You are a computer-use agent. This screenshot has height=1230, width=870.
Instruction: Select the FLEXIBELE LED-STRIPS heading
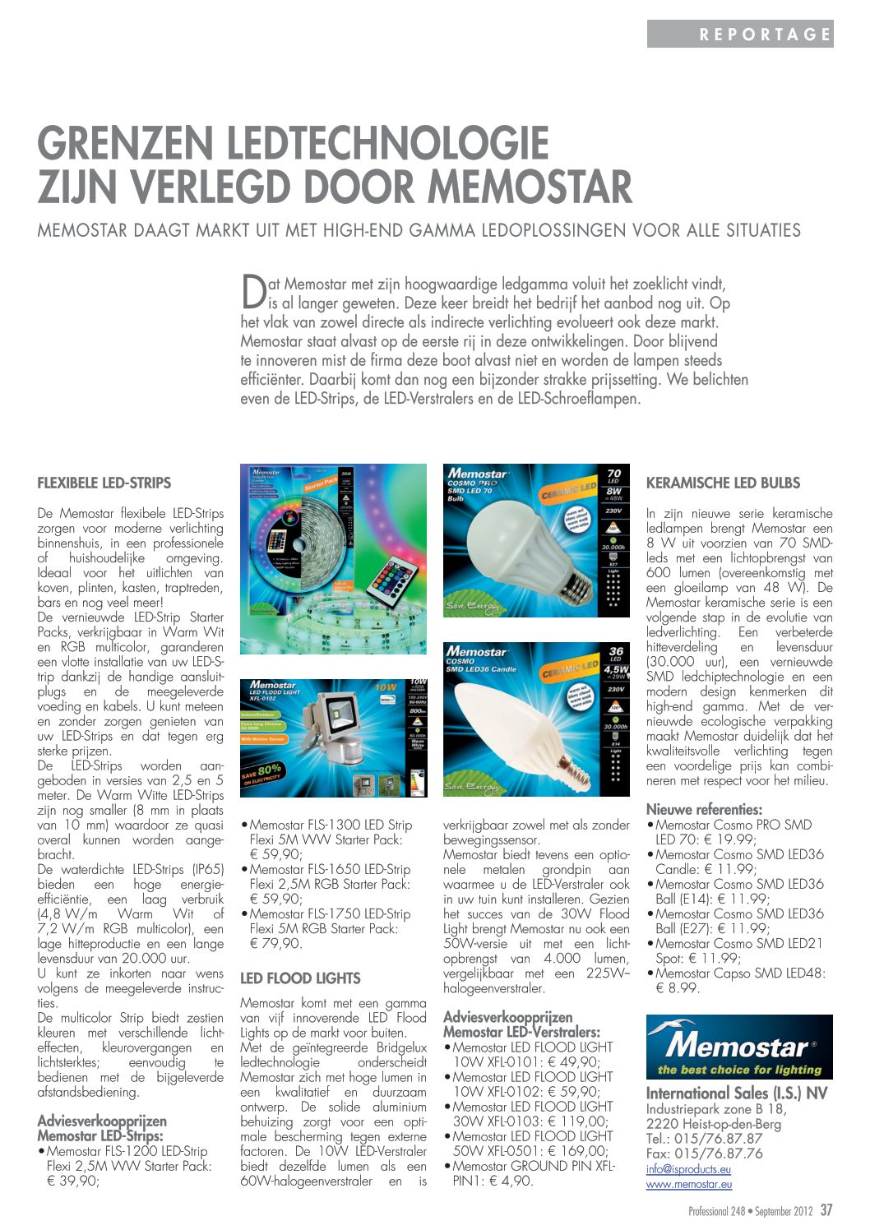[x=104, y=483]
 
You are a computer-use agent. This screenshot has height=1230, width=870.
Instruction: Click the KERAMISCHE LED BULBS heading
[x=723, y=483]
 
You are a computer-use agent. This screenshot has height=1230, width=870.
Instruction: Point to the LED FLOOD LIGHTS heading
[x=300, y=978]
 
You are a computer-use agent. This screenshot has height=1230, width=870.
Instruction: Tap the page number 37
[x=826, y=1210]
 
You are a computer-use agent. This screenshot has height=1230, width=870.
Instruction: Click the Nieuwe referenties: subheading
[x=704, y=810]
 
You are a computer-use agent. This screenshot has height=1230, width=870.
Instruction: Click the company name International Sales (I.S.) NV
[x=737, y=1093]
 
